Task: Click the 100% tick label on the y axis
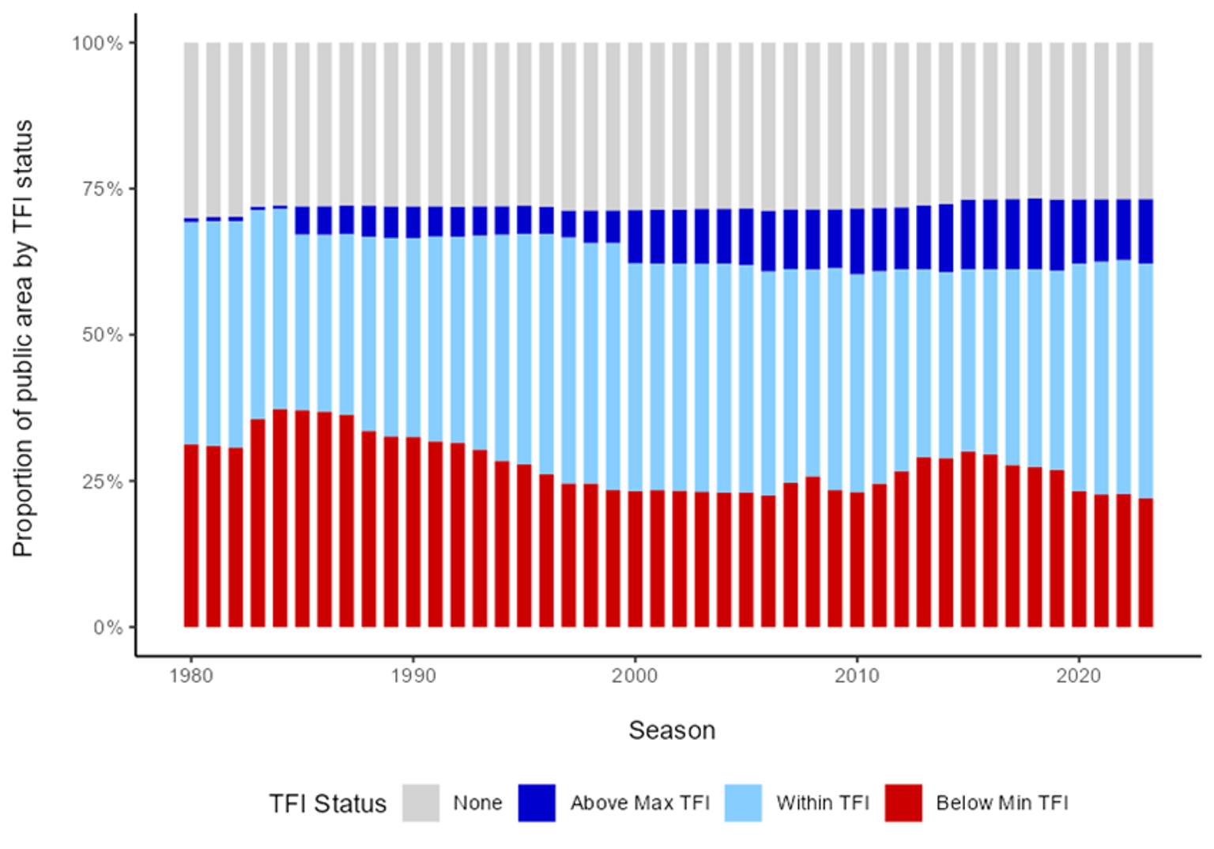(x=97, y=43)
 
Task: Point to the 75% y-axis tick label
(x=102, y=189)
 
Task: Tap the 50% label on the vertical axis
(x=102, y=335)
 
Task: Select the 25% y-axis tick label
(x=102, y=481)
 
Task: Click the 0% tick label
(x=107, y=628)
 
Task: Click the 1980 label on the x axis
(x=190, y=676)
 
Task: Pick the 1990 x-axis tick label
(x=413, y=676)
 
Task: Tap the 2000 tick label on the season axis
(x=635, y=676)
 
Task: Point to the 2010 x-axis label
(x=857, y=676)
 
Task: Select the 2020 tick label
(x=1079, y=676)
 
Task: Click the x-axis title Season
(x=672, y=730)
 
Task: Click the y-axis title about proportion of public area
(x=23, y=338)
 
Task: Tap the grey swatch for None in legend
(x=420, y=803)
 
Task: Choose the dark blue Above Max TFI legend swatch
(x=537, y=803)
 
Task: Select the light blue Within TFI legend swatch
(x=743, y=803)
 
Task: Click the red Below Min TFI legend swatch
(x=903, y=803)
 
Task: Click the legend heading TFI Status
(x=327, y=804)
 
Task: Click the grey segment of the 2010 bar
(x=857, y=126)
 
